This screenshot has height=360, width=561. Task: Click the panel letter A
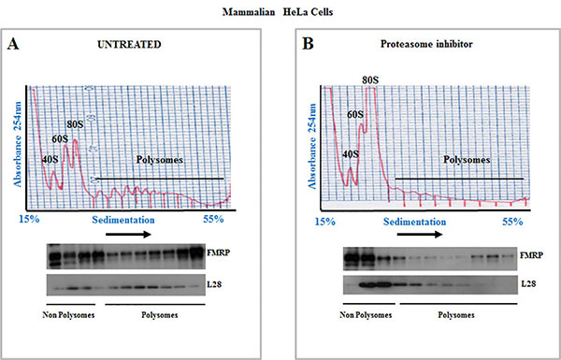(x=16, y=44)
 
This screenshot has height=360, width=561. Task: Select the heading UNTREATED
(x=134, y=43)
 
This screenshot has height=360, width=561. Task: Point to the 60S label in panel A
(x=60, y=140)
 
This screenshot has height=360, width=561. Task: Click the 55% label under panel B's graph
(x=513, y=223)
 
